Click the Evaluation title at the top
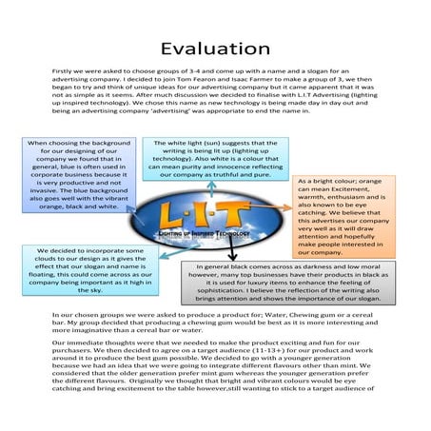[215, 48]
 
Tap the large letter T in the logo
[244, 213]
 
